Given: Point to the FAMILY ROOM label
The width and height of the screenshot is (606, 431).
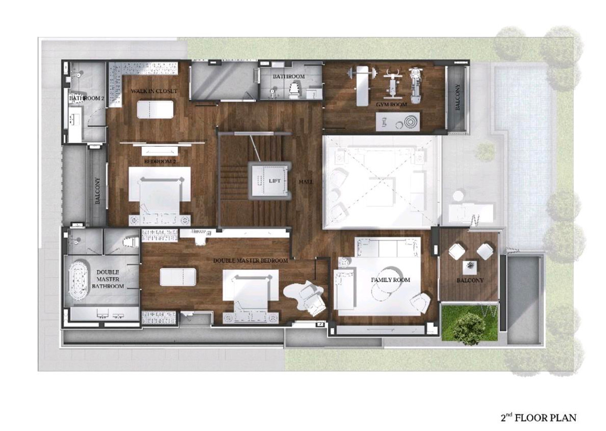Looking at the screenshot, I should tap(390, 280).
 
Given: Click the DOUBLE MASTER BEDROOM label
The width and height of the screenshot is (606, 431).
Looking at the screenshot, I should tap(250, 260).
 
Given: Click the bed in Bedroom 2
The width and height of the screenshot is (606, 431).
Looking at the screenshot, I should tap(160, 192).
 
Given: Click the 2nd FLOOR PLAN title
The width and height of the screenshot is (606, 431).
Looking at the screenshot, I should tap(538, 417).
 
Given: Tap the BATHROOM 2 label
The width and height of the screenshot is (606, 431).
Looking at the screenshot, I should tap(86, 98).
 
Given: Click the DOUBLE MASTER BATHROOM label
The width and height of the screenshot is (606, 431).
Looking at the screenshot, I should tap(108, 279).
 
